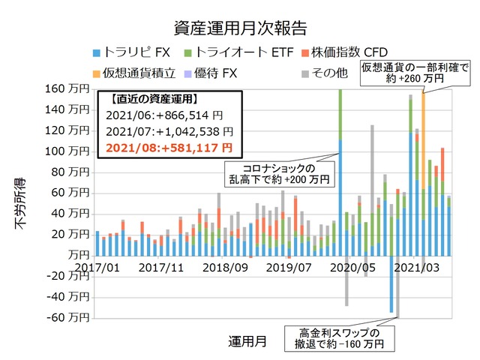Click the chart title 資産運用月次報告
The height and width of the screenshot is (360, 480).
click(240, 28)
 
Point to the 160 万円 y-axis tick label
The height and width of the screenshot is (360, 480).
click(66, 88)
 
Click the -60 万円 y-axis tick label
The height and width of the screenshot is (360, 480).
click(66, 318)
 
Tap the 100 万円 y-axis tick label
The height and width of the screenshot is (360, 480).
click(66, 151)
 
